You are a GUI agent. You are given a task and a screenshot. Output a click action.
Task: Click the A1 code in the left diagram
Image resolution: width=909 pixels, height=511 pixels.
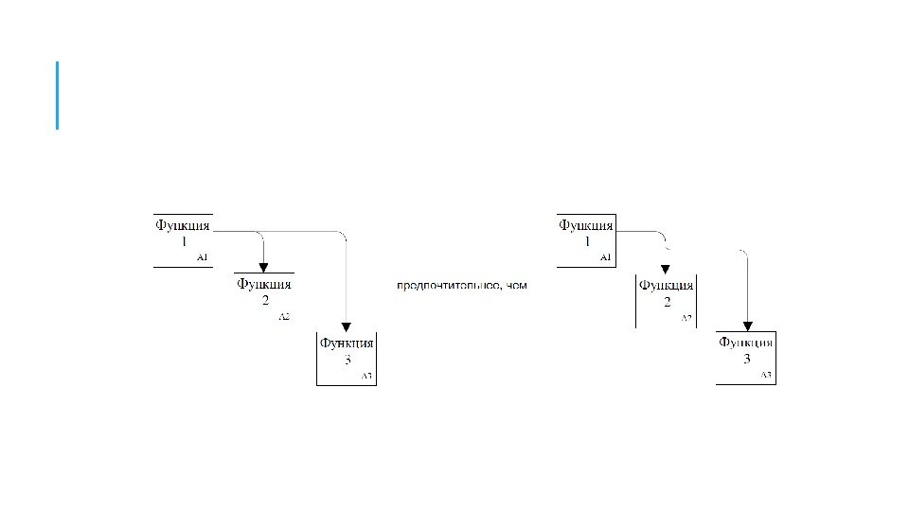coord(202,256)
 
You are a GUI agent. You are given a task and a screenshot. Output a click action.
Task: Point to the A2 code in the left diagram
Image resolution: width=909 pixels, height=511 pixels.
coord(284,317)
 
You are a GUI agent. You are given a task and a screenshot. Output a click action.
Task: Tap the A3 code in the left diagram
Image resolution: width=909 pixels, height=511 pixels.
coord(367,377)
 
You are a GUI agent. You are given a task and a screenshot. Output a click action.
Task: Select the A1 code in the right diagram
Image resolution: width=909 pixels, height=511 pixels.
coord(605,256)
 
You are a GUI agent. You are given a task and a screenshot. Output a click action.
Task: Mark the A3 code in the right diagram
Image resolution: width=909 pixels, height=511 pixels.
coord(766,376)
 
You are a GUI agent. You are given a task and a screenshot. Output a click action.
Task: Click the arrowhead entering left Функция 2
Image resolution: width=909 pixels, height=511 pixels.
coord(263,267)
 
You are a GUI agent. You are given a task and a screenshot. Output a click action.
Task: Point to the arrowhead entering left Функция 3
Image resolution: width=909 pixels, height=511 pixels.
coord(347,327)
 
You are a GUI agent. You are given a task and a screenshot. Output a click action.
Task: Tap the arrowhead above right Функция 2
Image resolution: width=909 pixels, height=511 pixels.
coord(666,270)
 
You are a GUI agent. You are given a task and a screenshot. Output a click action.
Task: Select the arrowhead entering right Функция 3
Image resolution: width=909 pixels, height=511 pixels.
coord(748,327)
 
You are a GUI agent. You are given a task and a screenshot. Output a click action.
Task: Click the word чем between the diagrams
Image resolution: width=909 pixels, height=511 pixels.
coord(516,285)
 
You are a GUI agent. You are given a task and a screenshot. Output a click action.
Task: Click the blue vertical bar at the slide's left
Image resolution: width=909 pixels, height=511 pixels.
coord(58,95)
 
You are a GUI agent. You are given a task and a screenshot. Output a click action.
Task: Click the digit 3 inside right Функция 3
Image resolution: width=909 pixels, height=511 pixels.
coord(746,360)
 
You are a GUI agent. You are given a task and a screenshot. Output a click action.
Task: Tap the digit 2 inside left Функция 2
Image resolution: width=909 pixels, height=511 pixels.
coord(265,300)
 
